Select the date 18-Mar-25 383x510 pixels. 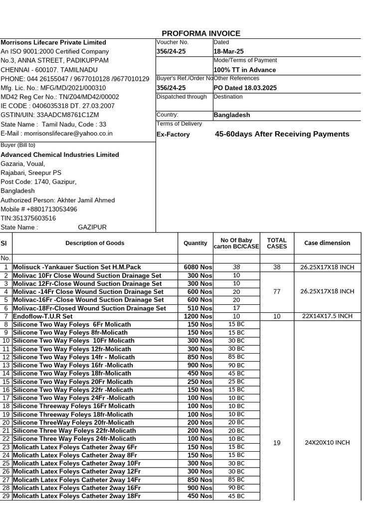pyautogui.click(x=228, y=52)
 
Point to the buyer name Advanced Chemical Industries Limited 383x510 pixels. pyautogui.click(x=60, y=155)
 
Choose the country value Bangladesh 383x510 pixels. pyautogui.click(x=232, y=115)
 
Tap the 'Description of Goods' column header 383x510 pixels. pyautogui.click(x=95, y=243)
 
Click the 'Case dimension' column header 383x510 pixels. pyautogui.click(x=327, y=243)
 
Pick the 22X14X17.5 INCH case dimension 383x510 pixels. pyautogui.click(x=327, y=316)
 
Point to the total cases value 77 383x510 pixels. pyautogui.click(x=277, y=292)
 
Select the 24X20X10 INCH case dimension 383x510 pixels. pyautogui.click(x=327, y=442)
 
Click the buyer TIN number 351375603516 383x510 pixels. pyautogui.click(x=28, y=218)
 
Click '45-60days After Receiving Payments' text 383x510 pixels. pyautogui.click(x=282, y=134)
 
